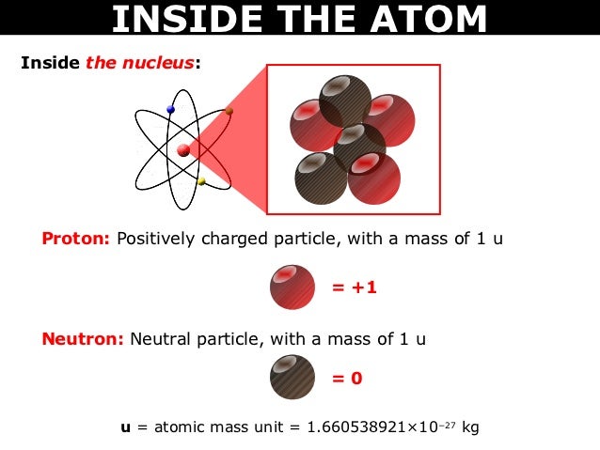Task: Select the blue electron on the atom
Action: (x=170, y=110)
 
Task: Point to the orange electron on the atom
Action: (x=229, y=111)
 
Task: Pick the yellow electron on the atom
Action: (x=200, y=181)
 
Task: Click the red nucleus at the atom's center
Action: (x=183, y=149)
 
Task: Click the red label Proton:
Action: (x=76, y=239)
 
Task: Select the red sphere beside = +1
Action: (x=292, y=287)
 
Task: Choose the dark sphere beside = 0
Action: (x=292, y=378)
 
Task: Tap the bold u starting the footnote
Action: (x=125, y=427)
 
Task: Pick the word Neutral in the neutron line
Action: (x=162, y=339)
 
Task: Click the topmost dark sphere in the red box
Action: (x=345, y=100)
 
